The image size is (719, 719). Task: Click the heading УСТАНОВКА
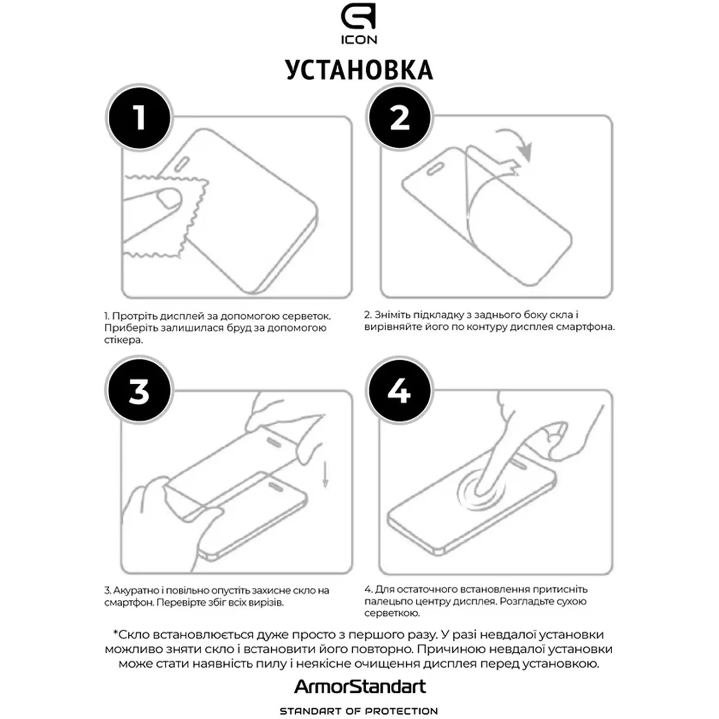pos(359,70)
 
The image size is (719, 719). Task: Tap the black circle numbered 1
pos(140,118)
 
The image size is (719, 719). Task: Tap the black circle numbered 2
pos(399,118)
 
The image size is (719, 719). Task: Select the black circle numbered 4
pos(399,390)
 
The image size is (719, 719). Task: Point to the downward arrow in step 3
pos(326,474)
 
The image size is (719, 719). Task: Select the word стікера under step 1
pos(123,340)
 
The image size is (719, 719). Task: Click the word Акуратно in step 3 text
pos(135,591)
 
